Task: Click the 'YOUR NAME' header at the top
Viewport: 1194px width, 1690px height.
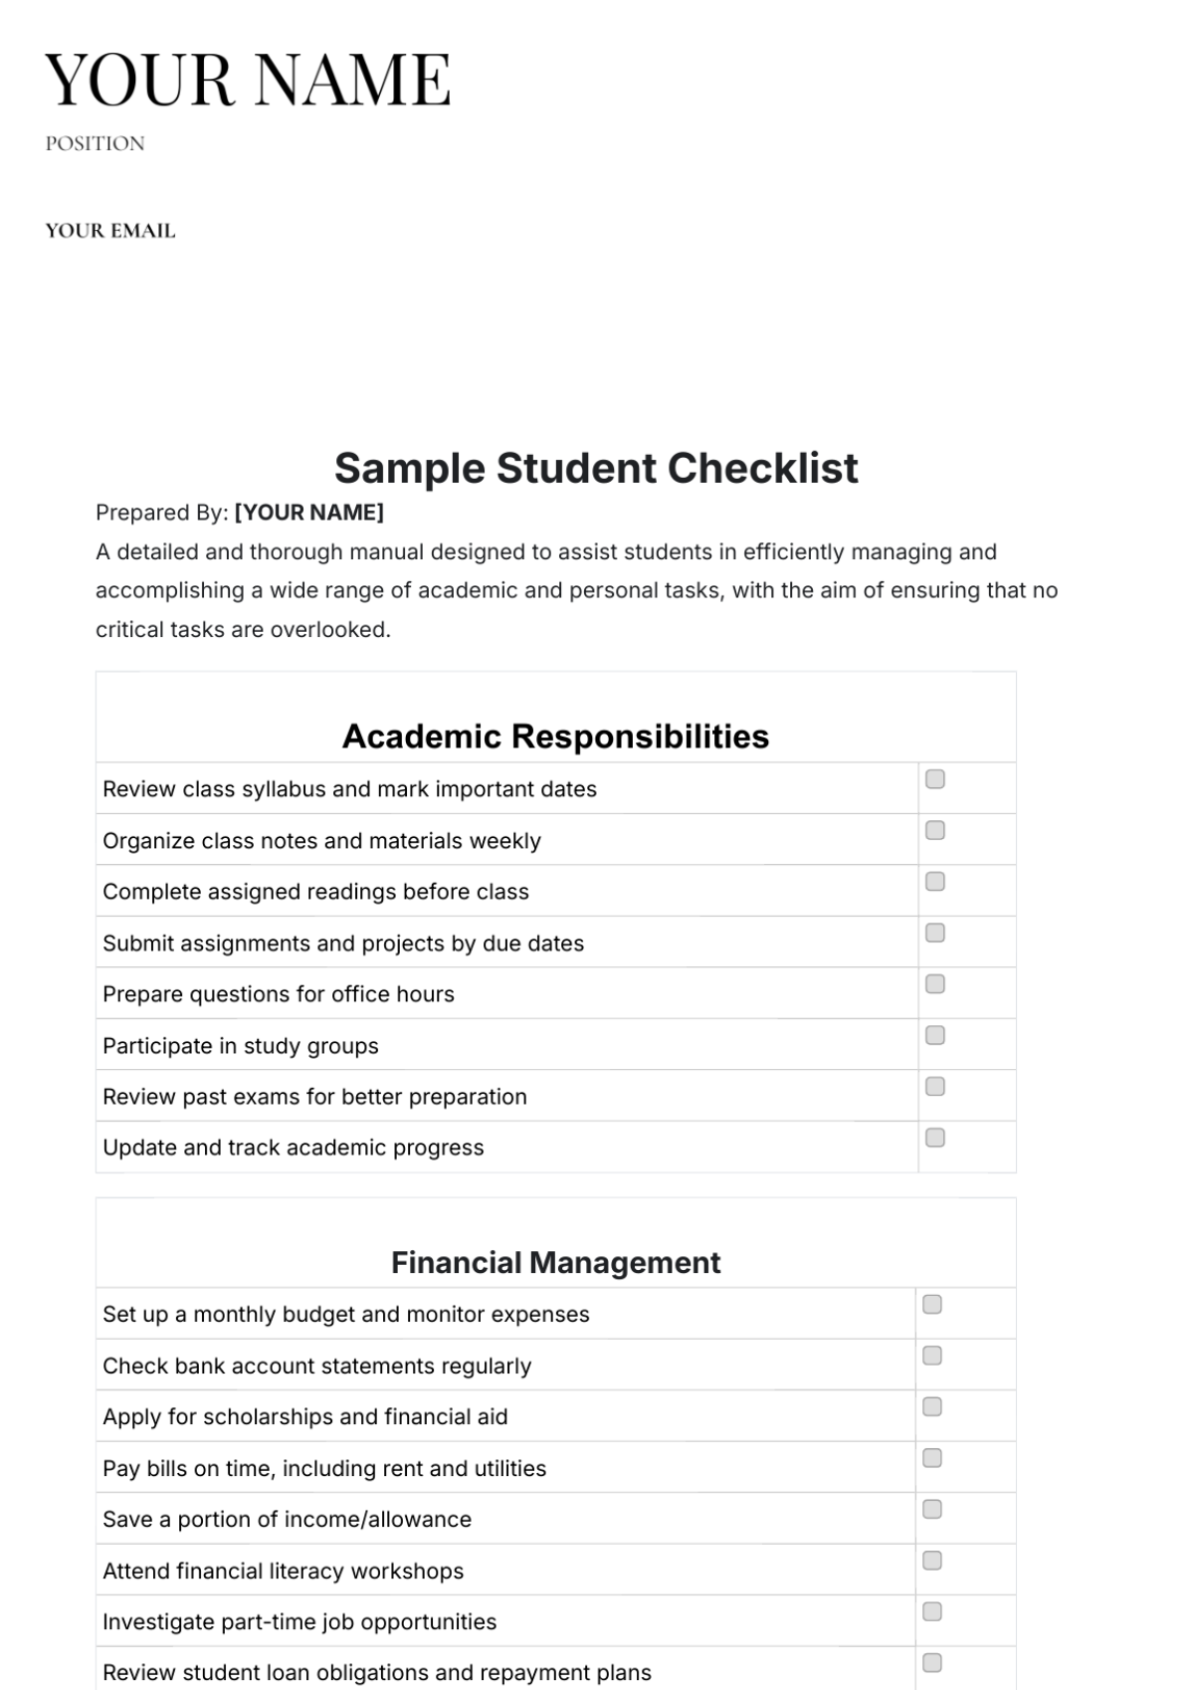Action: [x=248, y=80]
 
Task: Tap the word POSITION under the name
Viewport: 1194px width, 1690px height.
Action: [x=95, y=143]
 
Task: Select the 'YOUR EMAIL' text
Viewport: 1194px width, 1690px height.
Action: [x=110, y=231]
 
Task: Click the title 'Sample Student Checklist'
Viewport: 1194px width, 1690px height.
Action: [x=596, y=468]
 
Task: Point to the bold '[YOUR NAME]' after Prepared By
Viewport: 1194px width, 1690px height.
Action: [x=309, y=513]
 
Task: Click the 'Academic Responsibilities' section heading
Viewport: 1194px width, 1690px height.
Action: [x=555, y=737]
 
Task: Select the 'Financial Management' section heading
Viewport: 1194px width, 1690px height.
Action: [x=555, y=1262]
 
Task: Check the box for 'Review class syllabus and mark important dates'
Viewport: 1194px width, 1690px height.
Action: [x=935, y=779]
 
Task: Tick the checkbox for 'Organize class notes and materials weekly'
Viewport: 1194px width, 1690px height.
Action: [x=935, y=830]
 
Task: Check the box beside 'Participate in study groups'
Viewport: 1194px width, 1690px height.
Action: [x=935, y=1035]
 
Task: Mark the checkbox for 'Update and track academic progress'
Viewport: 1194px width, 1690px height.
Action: [x=935, y=1138]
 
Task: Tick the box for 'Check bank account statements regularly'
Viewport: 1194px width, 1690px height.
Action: [x=932, y=1356]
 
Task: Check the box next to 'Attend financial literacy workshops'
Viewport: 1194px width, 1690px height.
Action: [x=932, y=1561]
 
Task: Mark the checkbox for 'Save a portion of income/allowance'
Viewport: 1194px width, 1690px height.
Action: [x=932, y=1510]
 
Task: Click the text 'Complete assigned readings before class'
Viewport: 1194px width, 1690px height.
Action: [x=315, y=892]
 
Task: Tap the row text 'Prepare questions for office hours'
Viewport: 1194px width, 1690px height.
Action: [x=279, y=994]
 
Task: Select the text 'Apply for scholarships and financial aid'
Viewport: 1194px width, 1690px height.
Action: [x=305, y=1417]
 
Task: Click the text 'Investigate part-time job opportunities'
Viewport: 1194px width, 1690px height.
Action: [x=299, y=1622]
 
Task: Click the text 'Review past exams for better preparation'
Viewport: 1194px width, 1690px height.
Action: [x=314, y=1097]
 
